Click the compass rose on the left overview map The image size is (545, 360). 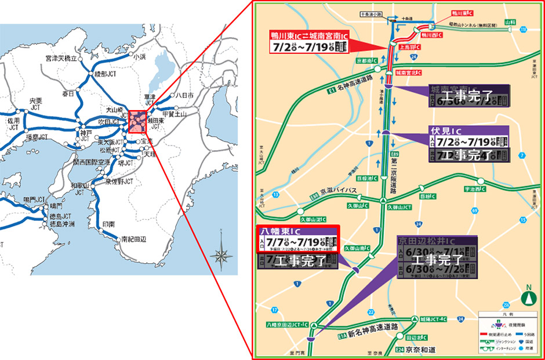(220, 253)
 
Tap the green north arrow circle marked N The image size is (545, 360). (528, 297)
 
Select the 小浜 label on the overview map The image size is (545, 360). (139, 57)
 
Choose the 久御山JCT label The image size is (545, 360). (403, 206)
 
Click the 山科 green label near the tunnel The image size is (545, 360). (510, 21)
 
